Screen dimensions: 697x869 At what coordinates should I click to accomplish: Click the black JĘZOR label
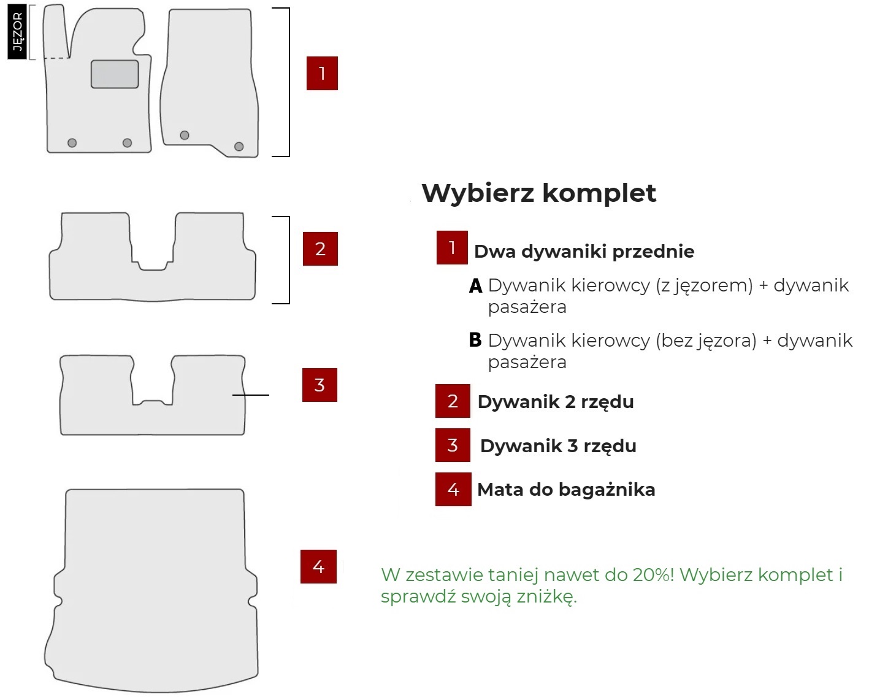tap(17, 32)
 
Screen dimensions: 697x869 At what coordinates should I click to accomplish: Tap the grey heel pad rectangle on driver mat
tap(115, 74)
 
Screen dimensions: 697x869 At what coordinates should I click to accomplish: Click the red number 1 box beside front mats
tap(322, 74)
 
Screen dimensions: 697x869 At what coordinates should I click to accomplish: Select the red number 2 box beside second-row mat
tap(320, 248)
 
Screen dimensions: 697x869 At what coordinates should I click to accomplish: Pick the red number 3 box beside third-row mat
tap(320, 385)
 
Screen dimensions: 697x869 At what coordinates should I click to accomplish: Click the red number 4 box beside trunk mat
tap(318, 566)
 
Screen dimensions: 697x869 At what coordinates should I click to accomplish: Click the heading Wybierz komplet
tap(538, 193)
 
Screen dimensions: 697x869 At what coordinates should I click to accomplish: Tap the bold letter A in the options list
tap(476, 286)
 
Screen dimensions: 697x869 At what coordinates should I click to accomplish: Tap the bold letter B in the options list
tap(475, 340)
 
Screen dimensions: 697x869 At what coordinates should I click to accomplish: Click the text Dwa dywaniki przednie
tap(584, 252)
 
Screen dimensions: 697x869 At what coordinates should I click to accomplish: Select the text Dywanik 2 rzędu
tap(556, 402)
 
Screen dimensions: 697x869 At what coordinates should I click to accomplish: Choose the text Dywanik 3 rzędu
tap(558, 446)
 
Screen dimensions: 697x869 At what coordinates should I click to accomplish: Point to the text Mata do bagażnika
tap(566, 490)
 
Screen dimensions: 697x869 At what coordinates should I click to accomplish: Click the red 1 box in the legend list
tap(452, 247)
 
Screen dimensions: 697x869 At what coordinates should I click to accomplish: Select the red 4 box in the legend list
tap(453, 489)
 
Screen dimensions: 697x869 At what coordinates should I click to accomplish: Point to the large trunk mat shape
tap(153, 589)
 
